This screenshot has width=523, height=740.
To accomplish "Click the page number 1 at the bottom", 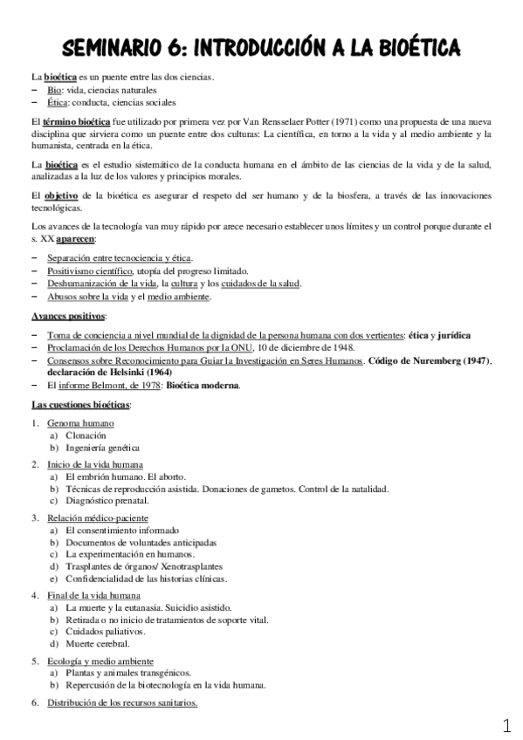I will [x=507, y=725].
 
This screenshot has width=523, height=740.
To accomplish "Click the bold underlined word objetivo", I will [x=59, y=194].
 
